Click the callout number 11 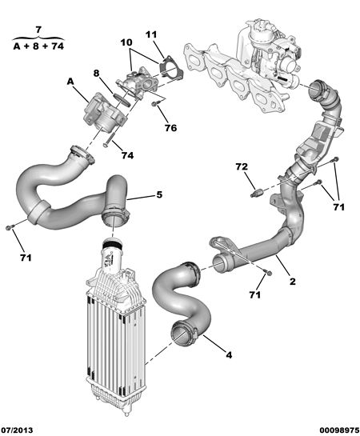pos(151,34)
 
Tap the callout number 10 pos(126,42)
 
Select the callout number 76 pos(170,128)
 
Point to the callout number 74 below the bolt pos(127,155)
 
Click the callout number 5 pos(159,194)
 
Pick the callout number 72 pos(242,166)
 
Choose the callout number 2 pos(293,282)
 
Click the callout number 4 pos(229,355)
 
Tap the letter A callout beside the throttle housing pos(70,82)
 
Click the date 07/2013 pos(17,430)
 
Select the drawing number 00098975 pos(339,430)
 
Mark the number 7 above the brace pos(38,29)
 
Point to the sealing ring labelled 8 pos(122,99)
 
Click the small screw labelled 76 pos(155,104)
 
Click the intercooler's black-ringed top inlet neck pos(112,245)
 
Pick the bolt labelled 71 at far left pos(8,228)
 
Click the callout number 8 pos(96,73)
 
